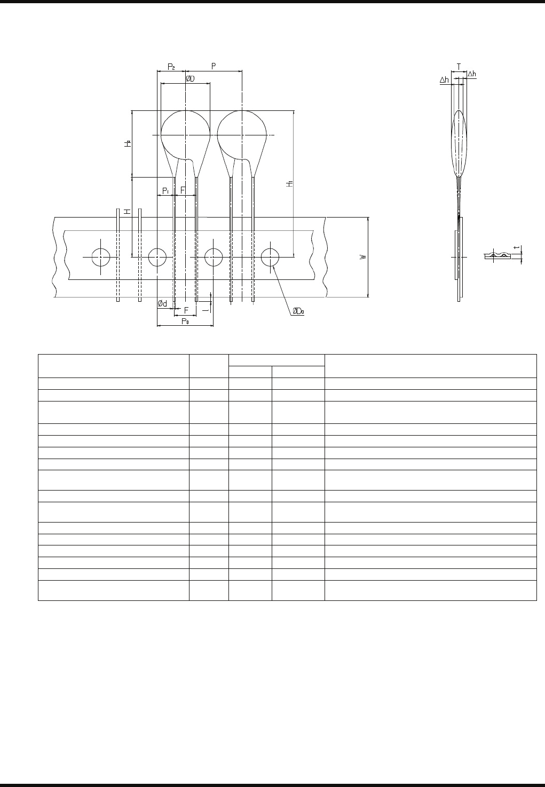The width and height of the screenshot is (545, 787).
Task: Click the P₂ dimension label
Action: pyautogui.click(x=171, y=67)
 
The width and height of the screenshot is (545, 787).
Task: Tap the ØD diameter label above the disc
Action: pyautogui.click(x=190, y=79)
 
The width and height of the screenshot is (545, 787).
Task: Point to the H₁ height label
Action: pyautogui.click(x=289, y=183)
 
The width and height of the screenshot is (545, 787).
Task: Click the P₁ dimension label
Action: pyautogui.click(x=165, y=191)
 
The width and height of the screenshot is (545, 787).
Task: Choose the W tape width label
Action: pyautogui.click(x=363, y=257)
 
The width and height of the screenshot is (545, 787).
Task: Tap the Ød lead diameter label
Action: pyautogui.click(x=163, y=303)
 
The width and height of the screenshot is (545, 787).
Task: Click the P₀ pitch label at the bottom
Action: pyautogui.click(x=185, y=321)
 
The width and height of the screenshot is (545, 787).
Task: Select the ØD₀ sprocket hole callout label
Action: pyautogui.click(x=298, y=311)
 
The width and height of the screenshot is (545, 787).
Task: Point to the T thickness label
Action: pyautogui.click(x=459, y=67)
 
